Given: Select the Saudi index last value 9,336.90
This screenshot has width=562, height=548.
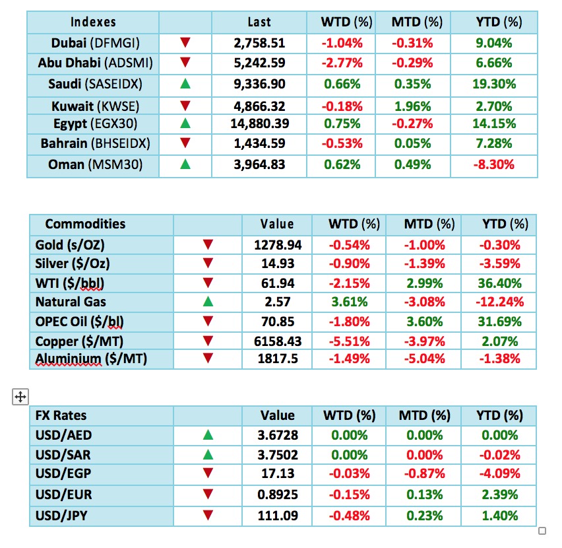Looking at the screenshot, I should [259, 84].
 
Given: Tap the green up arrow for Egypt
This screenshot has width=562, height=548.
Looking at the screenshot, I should [185, 125].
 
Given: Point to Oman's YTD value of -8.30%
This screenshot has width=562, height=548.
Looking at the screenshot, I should [494, 165].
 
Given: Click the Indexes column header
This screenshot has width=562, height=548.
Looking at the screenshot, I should [93, 22].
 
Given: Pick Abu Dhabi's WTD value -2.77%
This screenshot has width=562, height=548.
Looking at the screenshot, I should [340, 63].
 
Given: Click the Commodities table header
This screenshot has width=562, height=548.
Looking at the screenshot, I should [85, 224].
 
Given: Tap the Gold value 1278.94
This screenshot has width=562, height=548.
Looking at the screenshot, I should [278, 245].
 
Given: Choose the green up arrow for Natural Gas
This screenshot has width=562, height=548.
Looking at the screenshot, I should [208, 302].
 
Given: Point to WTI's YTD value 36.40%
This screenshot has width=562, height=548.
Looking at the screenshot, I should [502, 283].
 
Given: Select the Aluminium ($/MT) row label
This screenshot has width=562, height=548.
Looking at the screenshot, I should [91, 359].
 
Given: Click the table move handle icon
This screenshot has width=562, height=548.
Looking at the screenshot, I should [20, 397].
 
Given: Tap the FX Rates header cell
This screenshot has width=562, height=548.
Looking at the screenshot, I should [61, 416].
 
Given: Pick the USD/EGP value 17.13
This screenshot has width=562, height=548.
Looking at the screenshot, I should [278, 473].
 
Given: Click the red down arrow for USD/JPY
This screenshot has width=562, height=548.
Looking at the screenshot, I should [208, 512].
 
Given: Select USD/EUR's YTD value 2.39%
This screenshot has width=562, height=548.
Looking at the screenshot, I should [502, 493].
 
